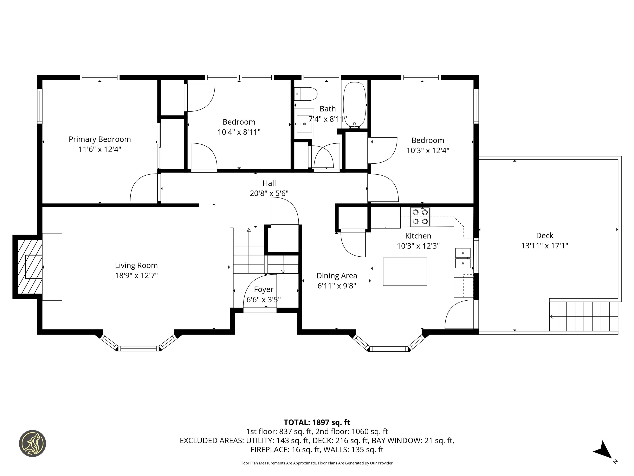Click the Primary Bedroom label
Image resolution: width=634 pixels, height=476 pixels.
100,139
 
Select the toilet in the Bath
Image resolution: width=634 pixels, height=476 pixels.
306,94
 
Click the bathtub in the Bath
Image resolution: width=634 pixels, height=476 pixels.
355,105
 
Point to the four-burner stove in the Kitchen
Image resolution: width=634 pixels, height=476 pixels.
420,217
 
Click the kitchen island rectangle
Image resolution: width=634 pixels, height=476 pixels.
405,272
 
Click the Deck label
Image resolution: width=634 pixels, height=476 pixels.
545,236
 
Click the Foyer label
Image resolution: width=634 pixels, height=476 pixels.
264,289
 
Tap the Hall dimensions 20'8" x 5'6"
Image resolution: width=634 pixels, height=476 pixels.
269,193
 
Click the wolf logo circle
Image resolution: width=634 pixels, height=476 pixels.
33,443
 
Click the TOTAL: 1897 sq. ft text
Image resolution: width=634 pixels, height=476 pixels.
317,422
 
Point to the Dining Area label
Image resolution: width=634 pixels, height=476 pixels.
337,276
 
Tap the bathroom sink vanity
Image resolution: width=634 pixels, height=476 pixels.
304,124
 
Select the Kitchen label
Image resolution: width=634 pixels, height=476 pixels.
418,236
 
